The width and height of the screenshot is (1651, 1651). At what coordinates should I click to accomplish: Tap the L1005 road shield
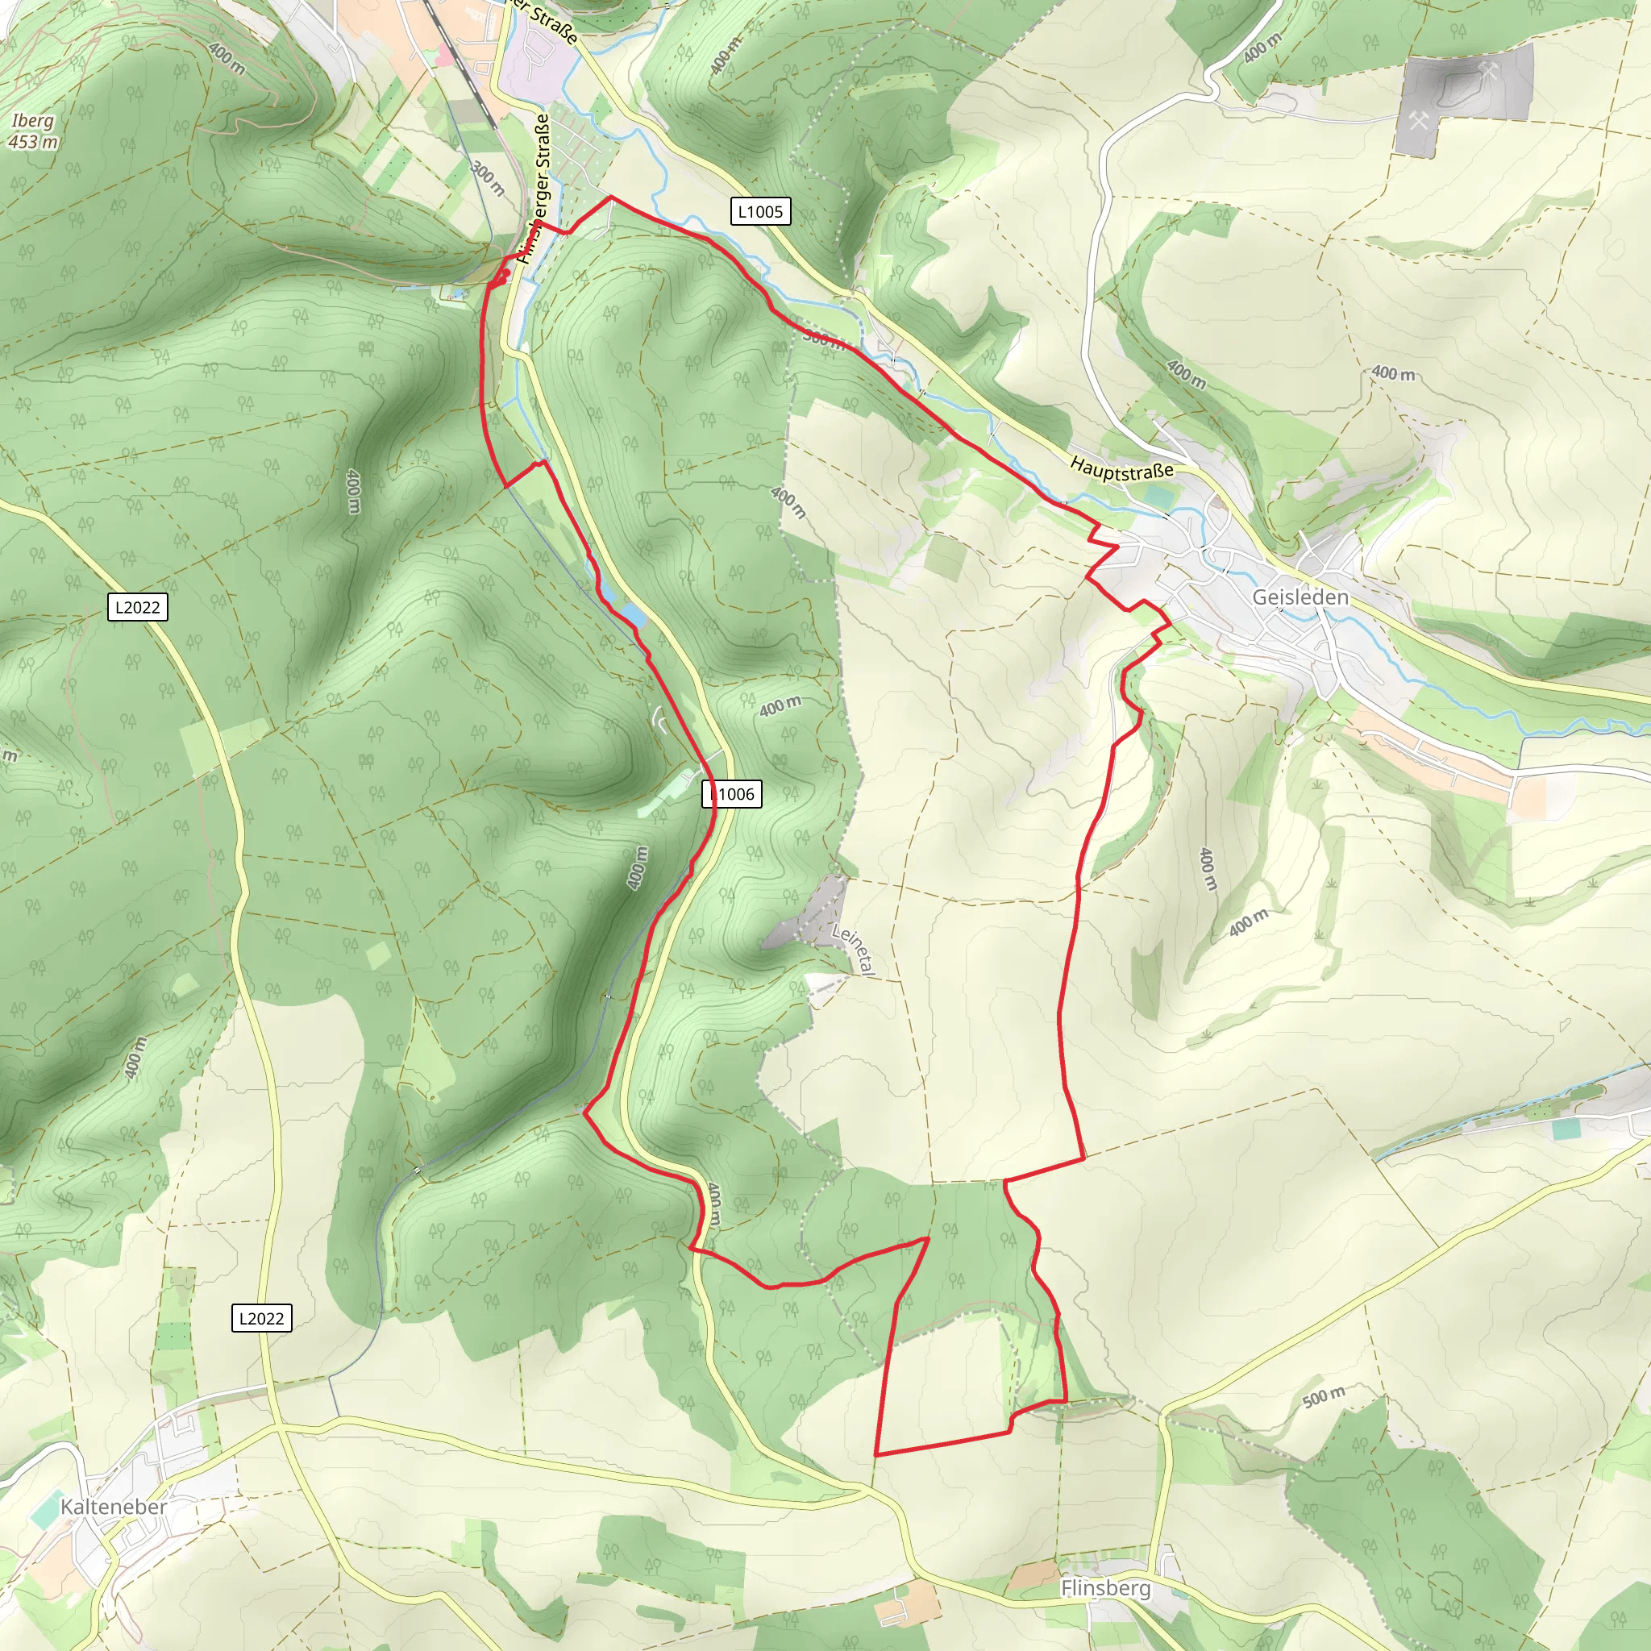[x=759, y=211]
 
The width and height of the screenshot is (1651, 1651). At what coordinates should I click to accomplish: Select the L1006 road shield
[x=732, y=794]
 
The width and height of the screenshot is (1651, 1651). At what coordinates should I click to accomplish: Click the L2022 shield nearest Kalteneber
[x=261, y=1318]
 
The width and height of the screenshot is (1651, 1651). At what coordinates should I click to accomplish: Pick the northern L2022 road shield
[x=138, y=607]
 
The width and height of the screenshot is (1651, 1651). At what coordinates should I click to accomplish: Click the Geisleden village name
[x=1300, y=597]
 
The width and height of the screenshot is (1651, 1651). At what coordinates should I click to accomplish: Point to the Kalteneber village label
[x=114, y=1506]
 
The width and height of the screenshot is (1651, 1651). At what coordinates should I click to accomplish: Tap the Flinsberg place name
[x=1105, y=1588]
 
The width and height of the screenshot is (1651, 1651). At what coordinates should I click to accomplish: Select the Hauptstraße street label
[x=1121, y=468]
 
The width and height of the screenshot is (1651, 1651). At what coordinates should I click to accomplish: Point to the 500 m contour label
[x=1324, y=1396]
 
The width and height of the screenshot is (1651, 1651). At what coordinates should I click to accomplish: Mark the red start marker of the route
[x=505, y=274]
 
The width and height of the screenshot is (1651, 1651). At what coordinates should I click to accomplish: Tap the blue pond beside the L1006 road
[x=631, y=614]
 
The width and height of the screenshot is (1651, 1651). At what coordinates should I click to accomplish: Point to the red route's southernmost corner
[x=875, y=1453]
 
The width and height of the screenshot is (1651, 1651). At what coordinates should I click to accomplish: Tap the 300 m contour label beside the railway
[x=487, y=177]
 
